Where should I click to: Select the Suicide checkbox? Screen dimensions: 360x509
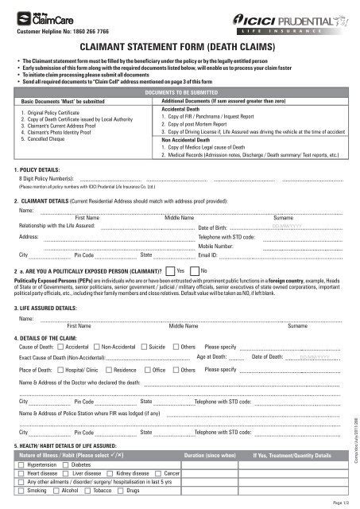(x=144, y=348)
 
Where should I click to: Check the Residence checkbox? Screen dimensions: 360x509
(x=107, y=370)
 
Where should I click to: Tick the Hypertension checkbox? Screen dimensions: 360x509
(x=21, y=463)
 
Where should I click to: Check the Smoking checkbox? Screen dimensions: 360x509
(x=21, y=492)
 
